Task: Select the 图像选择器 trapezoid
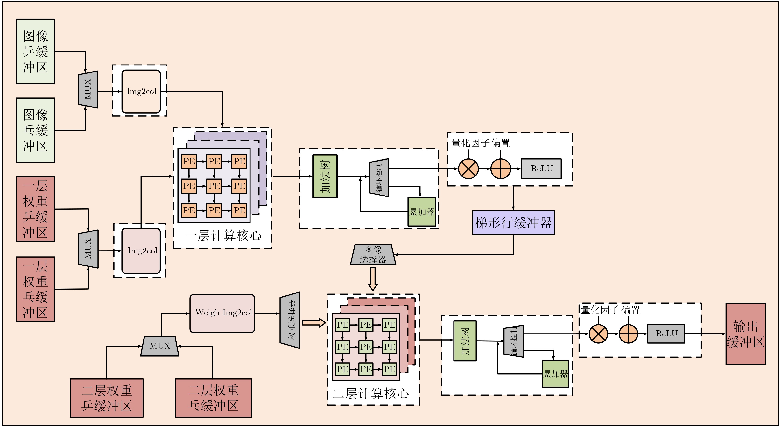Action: pyautogui.click(x=373, y=255)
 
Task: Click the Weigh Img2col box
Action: pyautogui.click(x=222, y=313)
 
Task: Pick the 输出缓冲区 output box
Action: pyautogui.click(x=746, y=334)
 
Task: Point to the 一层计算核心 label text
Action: pyautogui.click(x=223, y=236)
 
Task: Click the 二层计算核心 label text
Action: pyautogui.click(x=370, y=393)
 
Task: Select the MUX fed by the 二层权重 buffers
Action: pyautogui.click(x=160, y=346)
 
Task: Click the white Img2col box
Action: pyautogui.click(x=141, y=91)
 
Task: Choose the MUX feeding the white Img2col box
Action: pyautogui.click(x=88, y=89)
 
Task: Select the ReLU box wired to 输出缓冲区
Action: pyautogui.click(x=666, y=334)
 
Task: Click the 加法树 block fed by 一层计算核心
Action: pyautogui.click(x=325, y=176)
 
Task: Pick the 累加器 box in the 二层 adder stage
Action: pyautogui.click(x=555, y=374)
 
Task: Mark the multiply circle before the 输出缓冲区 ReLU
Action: pyautogui.click(x=598, y=334)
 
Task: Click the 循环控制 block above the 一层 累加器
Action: pyautogui.click(x=379, y=178)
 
